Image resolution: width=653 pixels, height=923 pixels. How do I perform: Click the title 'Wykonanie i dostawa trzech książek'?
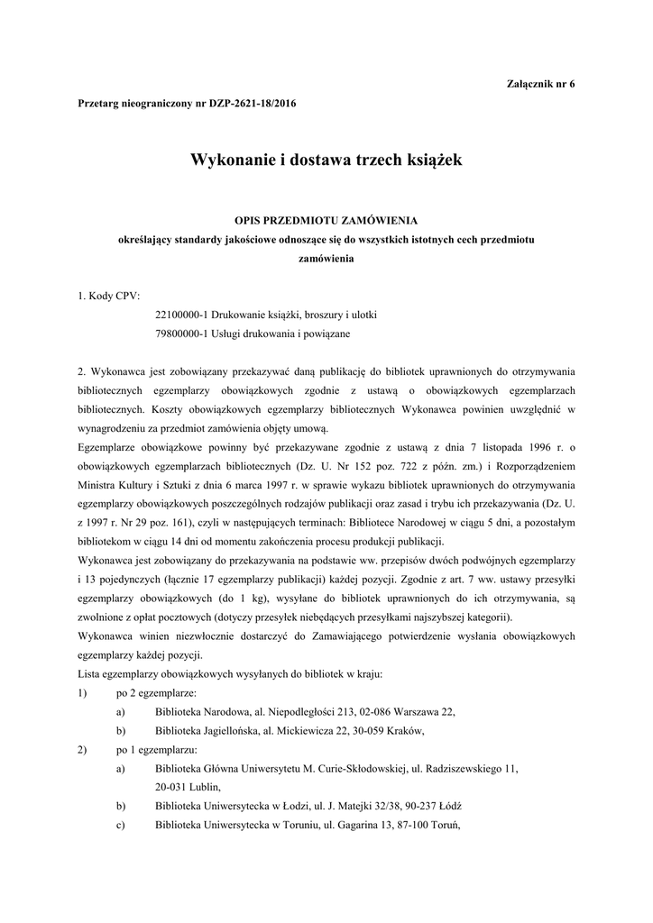coord(326,160)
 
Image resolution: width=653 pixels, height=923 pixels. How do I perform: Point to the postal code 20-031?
coord(173,786)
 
